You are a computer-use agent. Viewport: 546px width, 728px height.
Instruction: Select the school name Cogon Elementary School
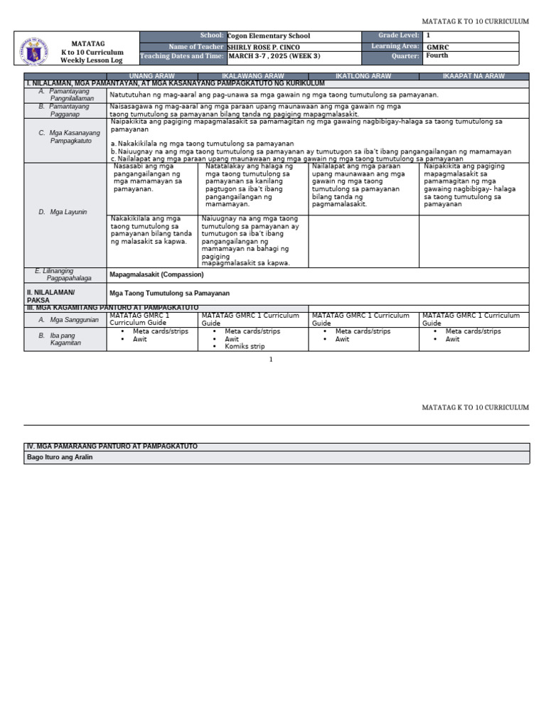click(268, 36)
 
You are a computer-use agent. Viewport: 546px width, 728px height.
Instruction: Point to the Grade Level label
click(400, 36)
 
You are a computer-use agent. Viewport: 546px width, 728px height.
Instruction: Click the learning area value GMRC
click(437, 46)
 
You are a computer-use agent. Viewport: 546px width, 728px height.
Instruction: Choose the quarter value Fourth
click(437, 55)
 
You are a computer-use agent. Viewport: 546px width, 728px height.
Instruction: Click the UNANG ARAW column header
click(153, 76)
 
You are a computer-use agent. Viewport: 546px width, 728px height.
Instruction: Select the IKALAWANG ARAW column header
click(253, 76)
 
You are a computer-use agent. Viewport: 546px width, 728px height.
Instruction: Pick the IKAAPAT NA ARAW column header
click(473, 76)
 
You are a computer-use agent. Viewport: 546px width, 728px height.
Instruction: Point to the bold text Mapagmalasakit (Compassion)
click(156, 274)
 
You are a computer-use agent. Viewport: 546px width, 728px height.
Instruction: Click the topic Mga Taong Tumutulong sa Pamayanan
click(169, 293)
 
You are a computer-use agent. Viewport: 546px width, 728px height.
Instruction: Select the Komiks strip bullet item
click(245, 346)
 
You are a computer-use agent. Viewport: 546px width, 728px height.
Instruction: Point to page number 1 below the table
click(271, 360)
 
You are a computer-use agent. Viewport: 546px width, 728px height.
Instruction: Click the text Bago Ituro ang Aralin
click(60, 457)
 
